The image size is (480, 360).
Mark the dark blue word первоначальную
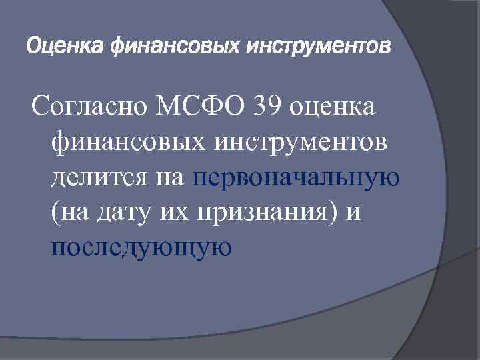[296, 178]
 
